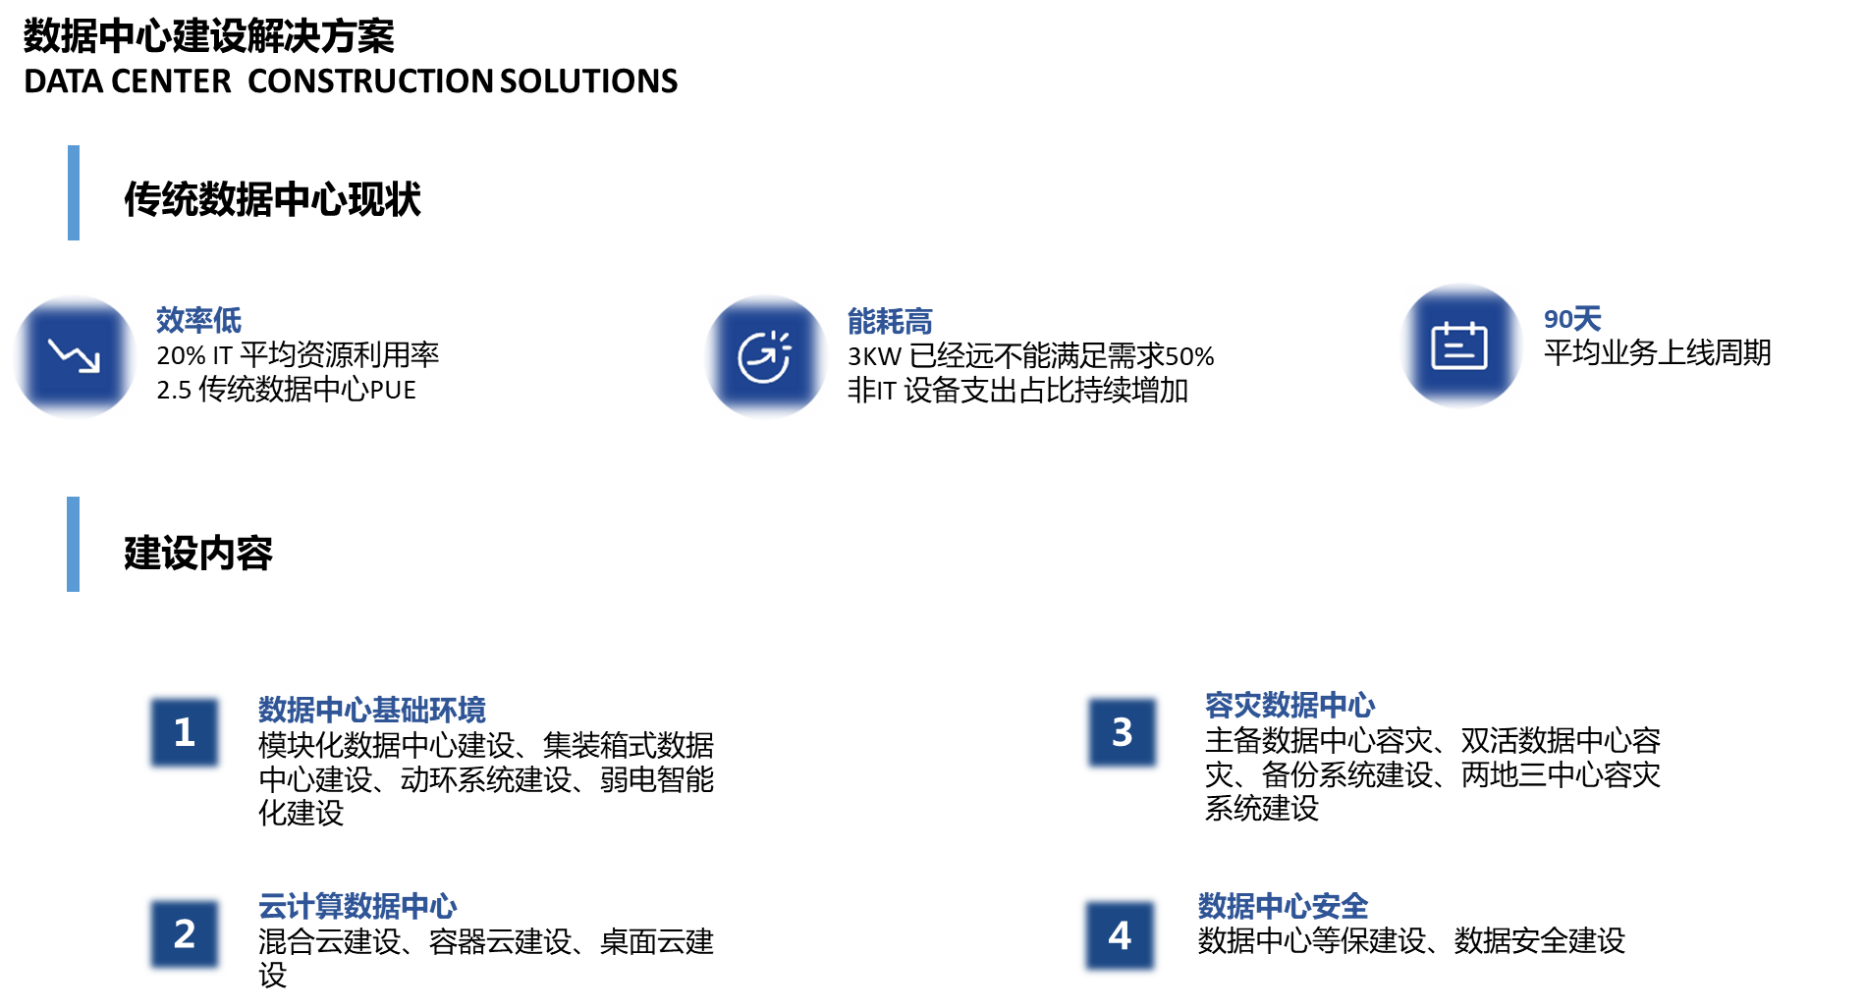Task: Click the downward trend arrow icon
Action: pos(75,356)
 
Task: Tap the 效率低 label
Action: pos(198,320)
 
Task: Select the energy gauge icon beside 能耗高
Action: pos(765,356)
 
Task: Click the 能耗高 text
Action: pos(890,322)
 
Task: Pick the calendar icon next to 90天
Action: pos(1460,345)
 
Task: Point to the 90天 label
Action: pos(1572,319)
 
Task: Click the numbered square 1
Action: pos(185,732)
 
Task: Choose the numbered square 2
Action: pos(185,934)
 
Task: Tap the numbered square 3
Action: pos(1122,732)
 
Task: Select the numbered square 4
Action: pos(1120,935)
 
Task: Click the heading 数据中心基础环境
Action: pos(372,710)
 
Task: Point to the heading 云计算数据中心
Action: pos(357,906)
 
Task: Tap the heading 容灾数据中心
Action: pos(1289,705)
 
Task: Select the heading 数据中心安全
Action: pos(1283,906)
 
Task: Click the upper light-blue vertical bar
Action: pos(74,192)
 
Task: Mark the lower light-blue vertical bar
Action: pos(74,544)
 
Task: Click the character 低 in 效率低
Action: pos(228,320)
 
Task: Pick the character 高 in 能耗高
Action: pos(918,322)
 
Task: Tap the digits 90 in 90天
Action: pos(1558,319)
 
